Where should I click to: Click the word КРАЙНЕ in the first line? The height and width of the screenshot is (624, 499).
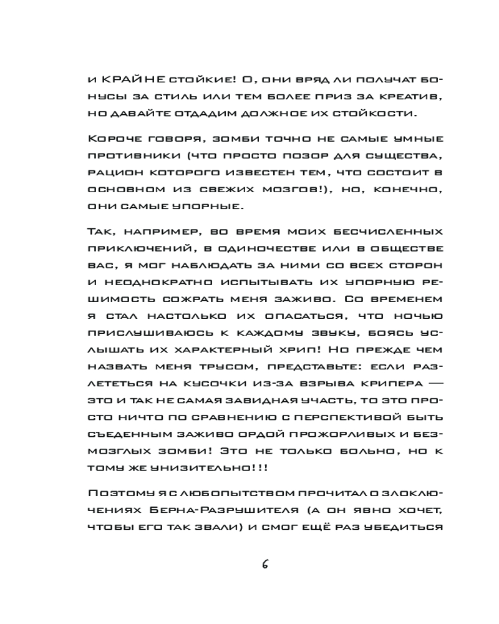point(132,80)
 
